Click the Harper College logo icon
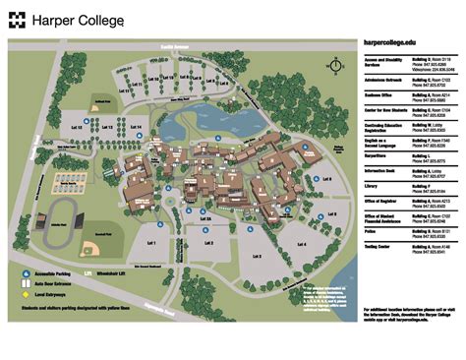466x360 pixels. (19, 19)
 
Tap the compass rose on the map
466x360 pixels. (336, 66)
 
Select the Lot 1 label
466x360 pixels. (151, 242)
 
